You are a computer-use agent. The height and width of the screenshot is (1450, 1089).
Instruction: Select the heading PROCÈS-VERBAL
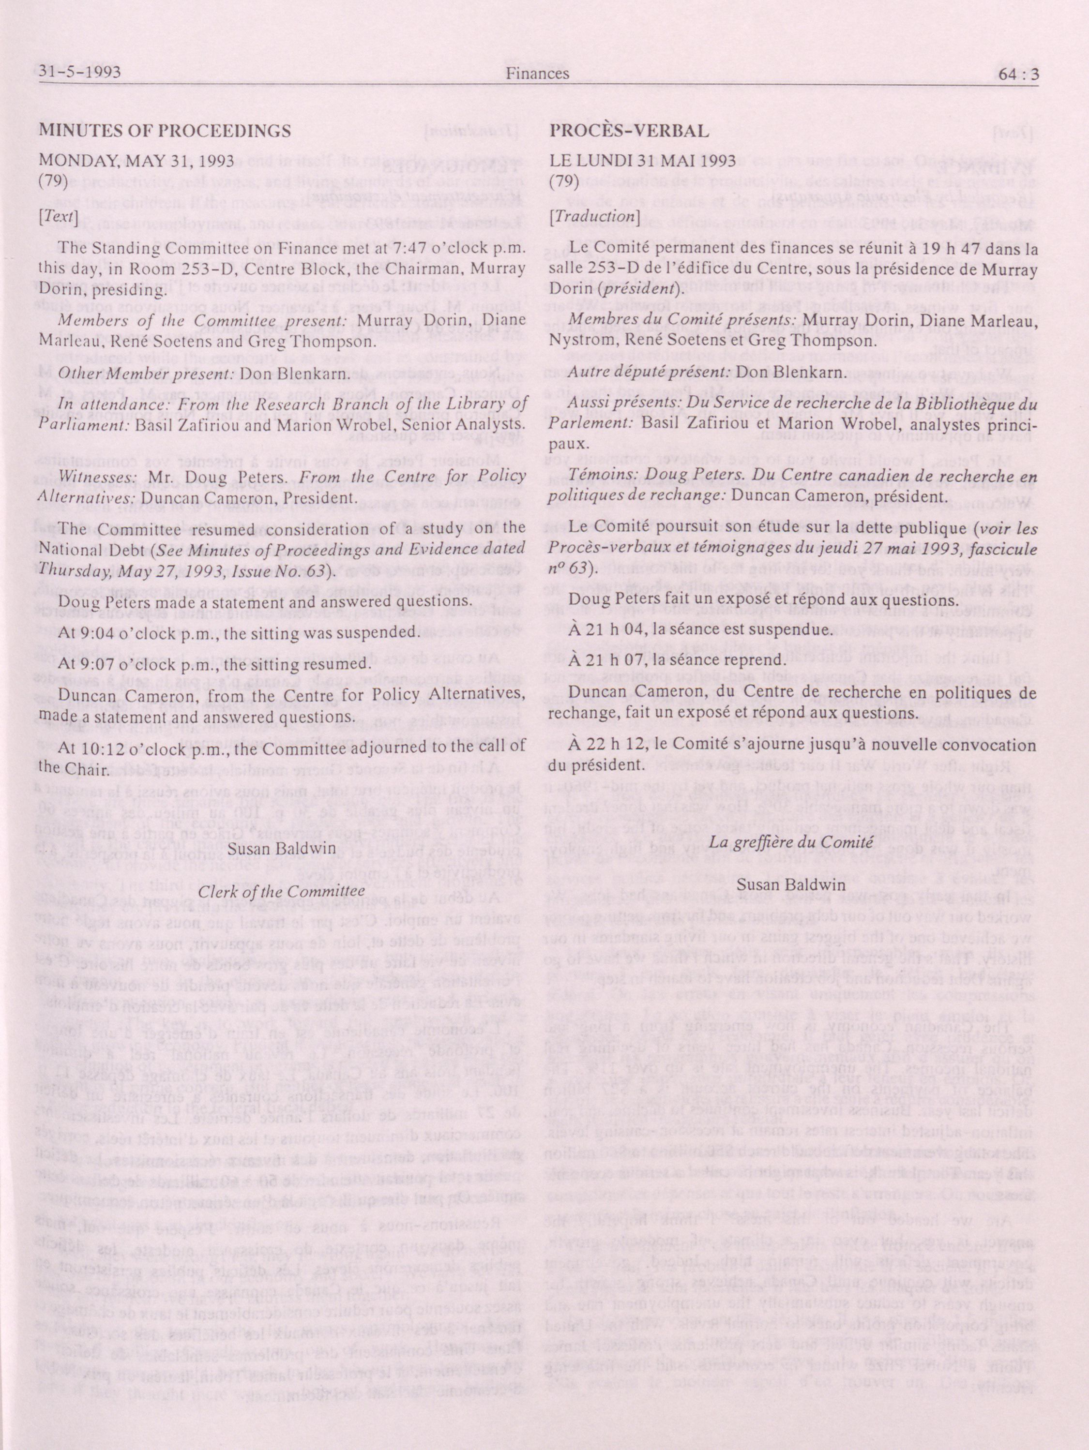(x=629, y=131)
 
